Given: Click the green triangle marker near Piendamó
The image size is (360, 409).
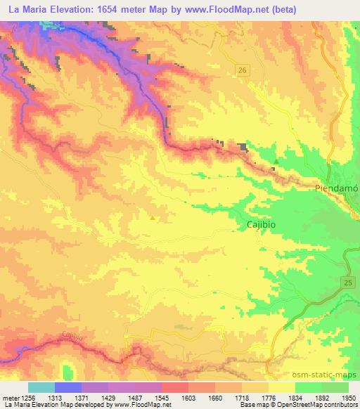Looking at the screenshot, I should click(x=276, y=162).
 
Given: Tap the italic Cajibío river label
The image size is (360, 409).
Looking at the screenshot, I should click(x=73, y=335).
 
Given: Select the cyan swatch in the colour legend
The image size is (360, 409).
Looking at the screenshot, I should click(x=41, y=387).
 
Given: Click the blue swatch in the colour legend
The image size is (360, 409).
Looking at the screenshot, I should click(x=68, y=387).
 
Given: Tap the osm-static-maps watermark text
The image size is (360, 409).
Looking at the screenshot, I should click(x=329, y=376).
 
